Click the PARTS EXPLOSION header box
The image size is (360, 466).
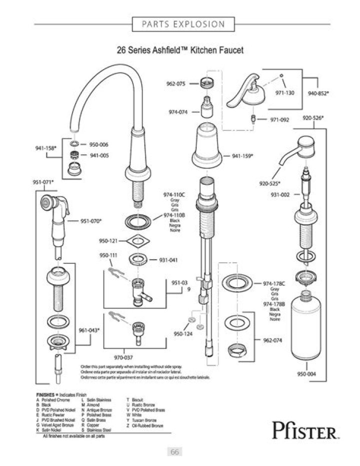point(183,24)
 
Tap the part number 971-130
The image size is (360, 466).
point(286,93)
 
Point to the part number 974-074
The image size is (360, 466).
point(178,112)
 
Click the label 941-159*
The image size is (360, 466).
point(242,156)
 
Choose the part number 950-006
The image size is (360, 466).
point(98,144)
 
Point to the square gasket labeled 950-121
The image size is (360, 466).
point(137,240)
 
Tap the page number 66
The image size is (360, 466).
point(175,452)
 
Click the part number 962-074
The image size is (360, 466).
point(272,340)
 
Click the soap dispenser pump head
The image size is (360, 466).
point(303,143)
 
